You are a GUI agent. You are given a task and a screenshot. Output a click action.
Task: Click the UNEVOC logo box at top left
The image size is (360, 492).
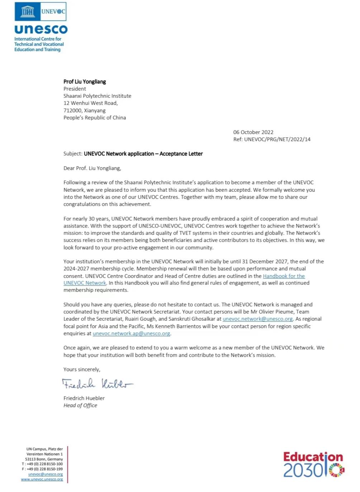(x=41, y=11)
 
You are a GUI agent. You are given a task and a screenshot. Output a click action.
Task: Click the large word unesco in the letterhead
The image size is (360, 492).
(x=41, y=29)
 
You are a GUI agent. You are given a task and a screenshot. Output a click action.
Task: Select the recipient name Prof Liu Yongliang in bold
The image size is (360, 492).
(x=85, y=82)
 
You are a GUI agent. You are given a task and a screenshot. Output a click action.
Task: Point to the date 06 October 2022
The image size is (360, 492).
(x=253, y=132)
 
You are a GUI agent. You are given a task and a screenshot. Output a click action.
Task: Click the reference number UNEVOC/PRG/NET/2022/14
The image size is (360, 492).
(x=277, y=139)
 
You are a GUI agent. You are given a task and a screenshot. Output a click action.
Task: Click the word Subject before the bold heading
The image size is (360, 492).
(x=72, y=154)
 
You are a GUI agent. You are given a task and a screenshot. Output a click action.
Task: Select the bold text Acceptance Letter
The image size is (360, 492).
(x=181, y=154)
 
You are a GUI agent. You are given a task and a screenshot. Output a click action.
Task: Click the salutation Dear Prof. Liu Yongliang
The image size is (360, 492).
(x=92, y=168)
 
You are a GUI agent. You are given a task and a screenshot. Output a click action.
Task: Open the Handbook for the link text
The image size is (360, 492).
(x=284, y=276)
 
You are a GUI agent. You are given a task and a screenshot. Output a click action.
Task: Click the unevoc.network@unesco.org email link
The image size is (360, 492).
(x=257, y=319)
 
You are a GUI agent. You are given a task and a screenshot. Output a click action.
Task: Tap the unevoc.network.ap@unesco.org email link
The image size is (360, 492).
(x=131, y=334)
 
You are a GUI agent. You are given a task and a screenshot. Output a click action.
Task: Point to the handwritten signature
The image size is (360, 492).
(x=97, y=384)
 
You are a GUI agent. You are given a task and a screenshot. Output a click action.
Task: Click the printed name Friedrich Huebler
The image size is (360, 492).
(x=84, y=398)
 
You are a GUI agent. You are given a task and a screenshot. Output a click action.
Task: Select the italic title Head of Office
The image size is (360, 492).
(x=80, y=405)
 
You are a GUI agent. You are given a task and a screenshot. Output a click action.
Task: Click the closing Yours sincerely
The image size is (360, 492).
(x=82, y=369)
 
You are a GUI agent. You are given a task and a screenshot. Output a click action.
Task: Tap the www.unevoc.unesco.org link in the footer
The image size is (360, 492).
(x=42, y=479)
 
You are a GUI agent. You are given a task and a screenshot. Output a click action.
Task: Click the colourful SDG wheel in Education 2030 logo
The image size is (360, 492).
(x=336, y=470)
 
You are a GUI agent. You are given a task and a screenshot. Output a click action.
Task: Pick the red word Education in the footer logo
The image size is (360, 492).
(x=313, y=457)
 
